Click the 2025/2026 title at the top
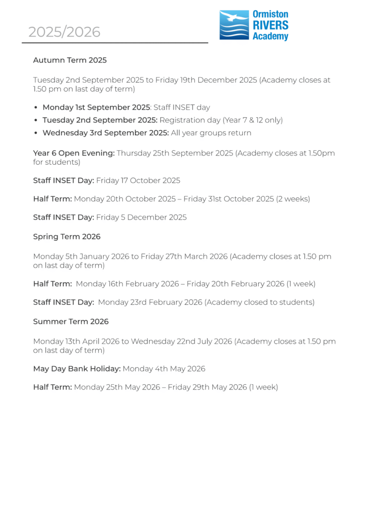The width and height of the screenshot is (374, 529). point(64,32)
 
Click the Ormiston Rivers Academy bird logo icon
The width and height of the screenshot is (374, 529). point(234,25)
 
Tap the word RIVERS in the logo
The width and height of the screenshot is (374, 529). point(270,25)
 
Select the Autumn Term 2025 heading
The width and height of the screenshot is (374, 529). point(70,60)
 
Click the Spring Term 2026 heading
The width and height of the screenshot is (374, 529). point(67,237)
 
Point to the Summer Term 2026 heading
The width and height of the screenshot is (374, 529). point(71,321)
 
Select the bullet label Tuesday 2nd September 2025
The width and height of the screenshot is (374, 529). point(100,120)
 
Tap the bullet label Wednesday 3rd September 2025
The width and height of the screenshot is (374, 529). point(105,133)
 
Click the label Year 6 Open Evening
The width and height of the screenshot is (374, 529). point(74,153)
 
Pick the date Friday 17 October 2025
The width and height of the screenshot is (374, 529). point(138,180)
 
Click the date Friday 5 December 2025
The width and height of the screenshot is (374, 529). point(141,217)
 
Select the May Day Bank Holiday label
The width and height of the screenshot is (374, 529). point(77,369)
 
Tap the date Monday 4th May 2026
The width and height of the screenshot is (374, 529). point(164,369)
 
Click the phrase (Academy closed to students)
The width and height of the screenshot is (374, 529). point(259,302)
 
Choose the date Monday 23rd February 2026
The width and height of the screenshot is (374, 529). point(150,302)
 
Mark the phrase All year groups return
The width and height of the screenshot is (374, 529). point(211,133)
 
